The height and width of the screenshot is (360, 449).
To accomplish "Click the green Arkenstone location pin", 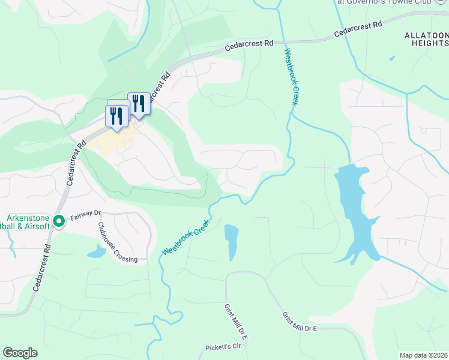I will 59,221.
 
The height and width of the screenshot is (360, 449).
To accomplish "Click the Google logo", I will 20,353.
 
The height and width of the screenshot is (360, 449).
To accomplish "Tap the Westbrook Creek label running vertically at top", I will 292,77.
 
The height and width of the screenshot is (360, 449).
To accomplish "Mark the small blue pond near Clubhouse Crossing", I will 97,251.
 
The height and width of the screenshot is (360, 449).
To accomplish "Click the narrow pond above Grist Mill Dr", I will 232,241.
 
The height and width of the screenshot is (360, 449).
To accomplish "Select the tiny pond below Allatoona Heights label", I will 392,58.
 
